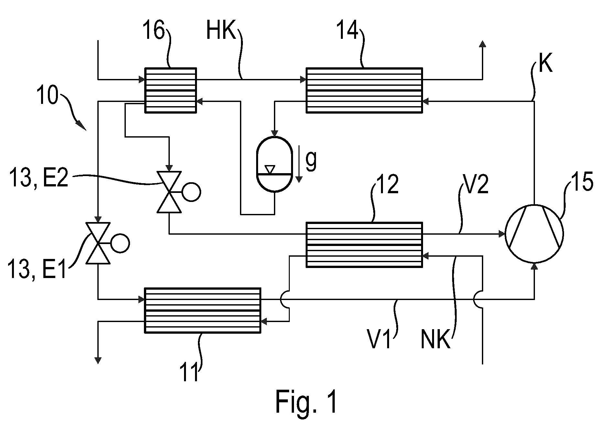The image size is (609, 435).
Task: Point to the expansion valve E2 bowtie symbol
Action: [x=169, y=192]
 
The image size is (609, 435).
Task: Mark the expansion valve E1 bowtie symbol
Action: [x=98, y=243]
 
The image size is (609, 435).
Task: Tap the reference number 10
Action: [x=48, y=95]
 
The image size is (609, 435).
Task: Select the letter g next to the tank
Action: [x=311, y=161]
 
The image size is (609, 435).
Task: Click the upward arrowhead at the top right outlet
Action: [x=482, y=44]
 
